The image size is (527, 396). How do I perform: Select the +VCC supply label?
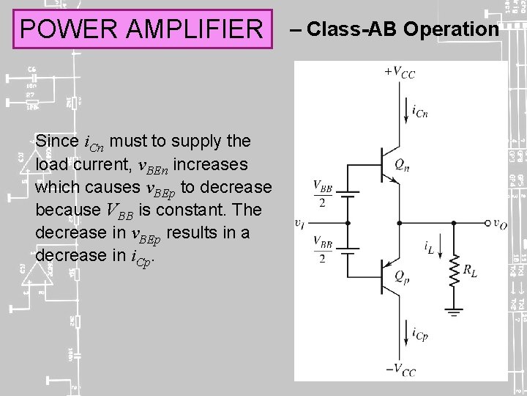pyautogui.click(x=399, y=72)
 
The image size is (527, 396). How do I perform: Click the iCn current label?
pyautogui.click(x=420, y=111)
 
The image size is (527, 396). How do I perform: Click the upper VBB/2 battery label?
pyautogui.click(x=323, y=194)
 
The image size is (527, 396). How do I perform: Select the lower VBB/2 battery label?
pyautogui.click(x=323, y=249)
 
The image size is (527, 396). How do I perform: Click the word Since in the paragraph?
pyautogui.click(x=57, y=140)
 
